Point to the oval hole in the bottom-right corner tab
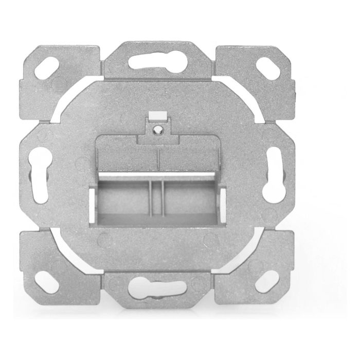pos(267,282)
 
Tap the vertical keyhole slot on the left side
pos(39,175)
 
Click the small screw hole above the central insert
pos(158,128)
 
